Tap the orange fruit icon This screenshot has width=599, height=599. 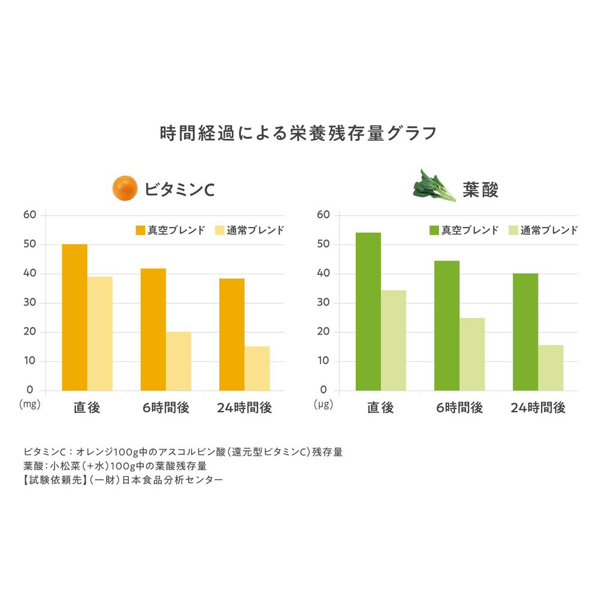tap(125, 188)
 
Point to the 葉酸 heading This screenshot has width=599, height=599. tap(480, 190)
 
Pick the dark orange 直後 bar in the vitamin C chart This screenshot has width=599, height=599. tap(75, 317)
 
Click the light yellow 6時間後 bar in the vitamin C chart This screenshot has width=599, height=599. tap(179, 361)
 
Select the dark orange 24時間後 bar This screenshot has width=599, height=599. tap(232, 335)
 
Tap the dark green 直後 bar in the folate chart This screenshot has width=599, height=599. tap(368, 311)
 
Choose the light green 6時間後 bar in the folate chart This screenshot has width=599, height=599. tap(472, 354)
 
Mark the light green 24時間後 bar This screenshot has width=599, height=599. tap(550, 368)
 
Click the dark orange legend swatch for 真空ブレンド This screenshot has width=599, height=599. tap(141, 230)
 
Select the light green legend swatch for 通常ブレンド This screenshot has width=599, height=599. tap(513, 230)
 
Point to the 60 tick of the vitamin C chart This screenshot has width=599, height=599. tap(30, 215)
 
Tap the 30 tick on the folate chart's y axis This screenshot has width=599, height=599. tap(323, 302)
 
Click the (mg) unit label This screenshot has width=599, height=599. tap(29, 404)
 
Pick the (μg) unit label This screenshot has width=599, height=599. tap(323, 404)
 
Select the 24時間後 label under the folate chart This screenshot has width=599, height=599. tap(538, 408)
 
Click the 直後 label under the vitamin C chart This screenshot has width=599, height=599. tap(87, 408)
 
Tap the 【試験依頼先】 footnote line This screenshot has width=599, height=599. tap(122, 480)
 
